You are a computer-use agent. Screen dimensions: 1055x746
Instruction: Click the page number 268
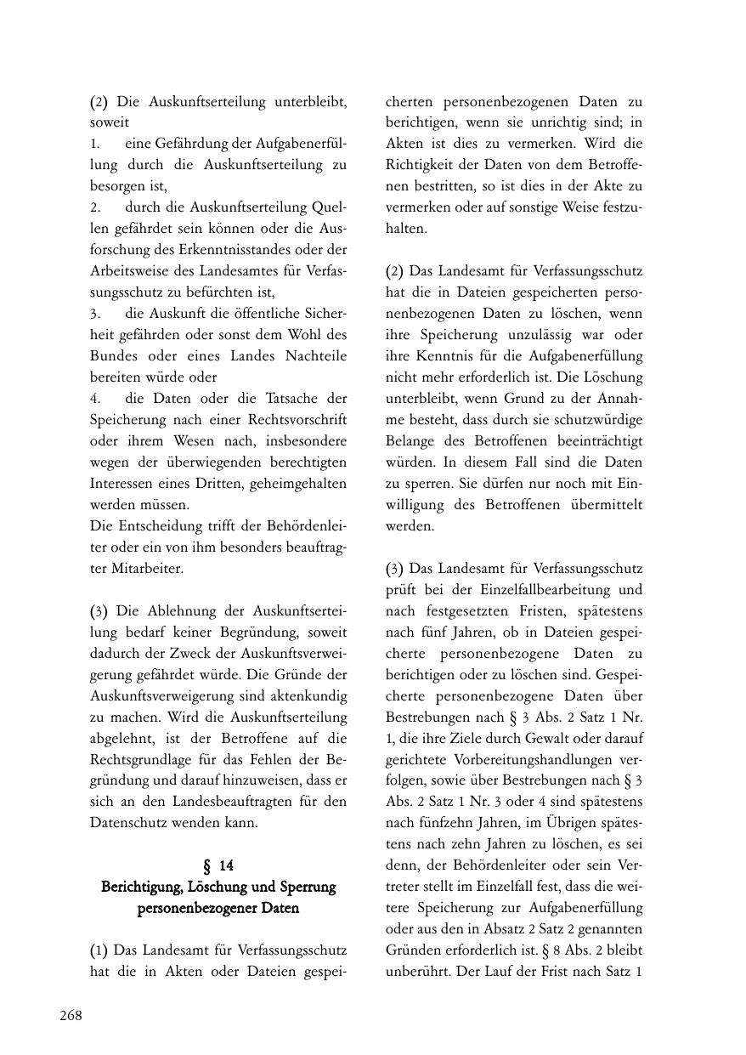tap(71, 1015)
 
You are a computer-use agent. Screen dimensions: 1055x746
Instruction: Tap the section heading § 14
tap(218, 865)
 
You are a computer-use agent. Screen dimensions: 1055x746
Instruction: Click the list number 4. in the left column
tap(96, 398)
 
